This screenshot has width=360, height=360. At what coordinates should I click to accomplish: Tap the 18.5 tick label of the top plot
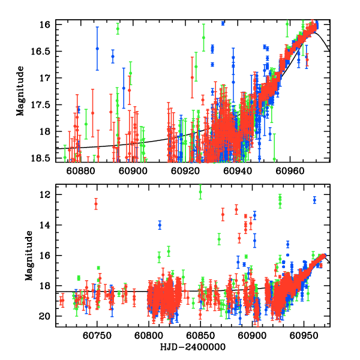point(43,157)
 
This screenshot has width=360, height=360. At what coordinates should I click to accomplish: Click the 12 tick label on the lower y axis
point(47,195)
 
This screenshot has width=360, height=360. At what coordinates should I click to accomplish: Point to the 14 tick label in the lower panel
point(47,226)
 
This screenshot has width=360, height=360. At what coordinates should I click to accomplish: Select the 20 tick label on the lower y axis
point(47,316)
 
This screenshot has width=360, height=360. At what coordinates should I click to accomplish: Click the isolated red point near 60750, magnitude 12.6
point(96,204)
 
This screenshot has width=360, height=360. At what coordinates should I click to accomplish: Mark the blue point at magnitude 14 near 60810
point(160,225)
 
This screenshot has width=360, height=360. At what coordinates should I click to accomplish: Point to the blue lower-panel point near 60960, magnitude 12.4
point(314,200)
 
